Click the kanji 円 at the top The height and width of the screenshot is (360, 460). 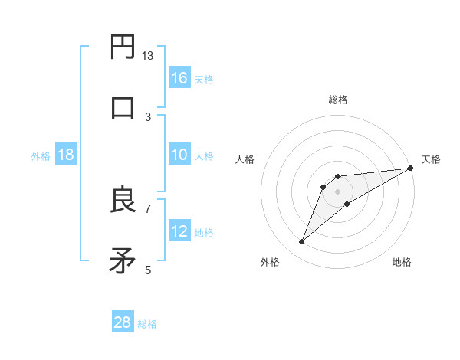pyautogui.click(x=123, y=47)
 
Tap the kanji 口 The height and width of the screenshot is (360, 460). pyautogui.click(x=123, y=106)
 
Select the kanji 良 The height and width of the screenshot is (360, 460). pyautogui.click(x=123, y=201)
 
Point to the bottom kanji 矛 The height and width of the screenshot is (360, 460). pyautogui.click(x=123, y=260)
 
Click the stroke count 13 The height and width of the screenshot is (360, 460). pyautogui.click(x=148, y=55)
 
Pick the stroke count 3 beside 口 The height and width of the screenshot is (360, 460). pyautogui.click(x=148, y=116)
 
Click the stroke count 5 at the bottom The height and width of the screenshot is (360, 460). pyautogui.click(x=148, y=270)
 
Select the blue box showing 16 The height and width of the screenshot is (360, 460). pyautogui.click(x=179, y=78)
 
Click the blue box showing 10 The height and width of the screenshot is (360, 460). pyautogui.click(x=179, y=155)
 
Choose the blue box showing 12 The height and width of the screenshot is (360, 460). pyautogui.click(x=179, y=231)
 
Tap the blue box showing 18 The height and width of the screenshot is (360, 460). pyautogui.click(x=66, y=155)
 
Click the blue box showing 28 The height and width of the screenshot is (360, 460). pyautogui.click(x=123, y=322)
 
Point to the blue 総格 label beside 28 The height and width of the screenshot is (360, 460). pyautogui.click(x=147, y=324)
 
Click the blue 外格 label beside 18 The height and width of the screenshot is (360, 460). pyautogui.click(x=41, y=155)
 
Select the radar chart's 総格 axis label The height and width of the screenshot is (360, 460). pyautogui.click(x=337, y=100)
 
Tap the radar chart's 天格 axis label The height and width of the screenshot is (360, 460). pyautogui.click(x=431, y=159)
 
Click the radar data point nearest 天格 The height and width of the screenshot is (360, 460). pyautogui.click(x=410, y=169)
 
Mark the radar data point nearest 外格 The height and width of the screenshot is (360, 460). pyautogui.click(x=302, y=242)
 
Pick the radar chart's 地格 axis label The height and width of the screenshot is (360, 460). pyautogui.click(x=402, y=262)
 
